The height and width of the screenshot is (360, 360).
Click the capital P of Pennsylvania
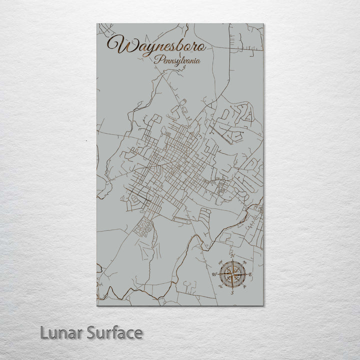157,60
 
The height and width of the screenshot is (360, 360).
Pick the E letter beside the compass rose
250,275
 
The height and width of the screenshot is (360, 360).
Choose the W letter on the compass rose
214,275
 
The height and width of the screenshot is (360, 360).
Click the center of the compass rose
231,274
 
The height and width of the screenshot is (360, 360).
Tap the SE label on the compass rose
244,287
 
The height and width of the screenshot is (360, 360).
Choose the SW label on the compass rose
219,287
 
